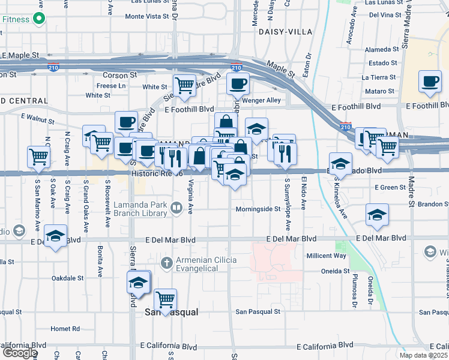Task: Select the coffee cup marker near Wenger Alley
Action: click(x=238, y=84)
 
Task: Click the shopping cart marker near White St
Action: click(x=184, y=86)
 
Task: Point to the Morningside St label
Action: click(x=258, y=209)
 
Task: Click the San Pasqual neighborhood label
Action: click(x=173, y=313)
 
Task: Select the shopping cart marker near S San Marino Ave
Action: click(x=39, y=157)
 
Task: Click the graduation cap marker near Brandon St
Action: click(x=376, y=215)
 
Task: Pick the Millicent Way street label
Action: click(x=327, y=256)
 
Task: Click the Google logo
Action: click(x=19, y=353)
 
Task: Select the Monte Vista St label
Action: click(x=147, y=16)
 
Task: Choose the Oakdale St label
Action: click(x=67, y=278)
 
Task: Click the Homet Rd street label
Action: click(x=65, y=329)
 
